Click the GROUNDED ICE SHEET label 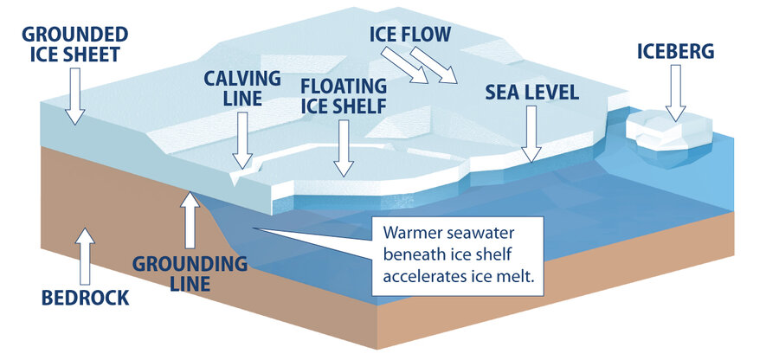(x=75, y=45)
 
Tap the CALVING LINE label (x=242, y=88)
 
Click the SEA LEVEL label (x=530, y=92)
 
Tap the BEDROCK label (x=85, y=298)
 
